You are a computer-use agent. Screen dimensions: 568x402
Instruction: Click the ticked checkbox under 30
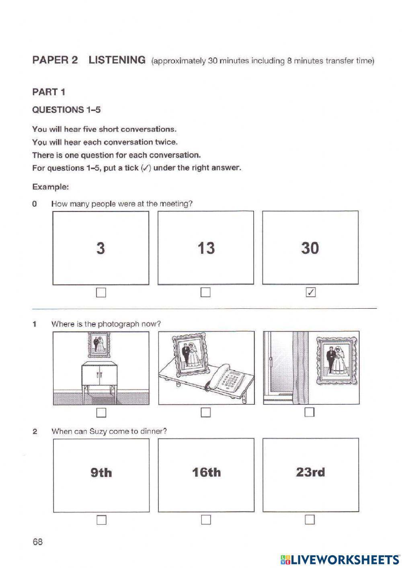pyautogui.click(x=310, y=293)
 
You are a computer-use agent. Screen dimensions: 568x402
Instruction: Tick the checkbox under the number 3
pyautogui.click(x=101, y=293)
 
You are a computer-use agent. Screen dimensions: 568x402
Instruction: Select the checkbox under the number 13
pyautogui.click(x=205, y=292)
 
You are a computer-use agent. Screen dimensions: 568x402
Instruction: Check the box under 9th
pyautogui.click(x=101, y=520)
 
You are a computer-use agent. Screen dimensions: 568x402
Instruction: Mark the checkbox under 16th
pyautogui.click(x=206, y=520)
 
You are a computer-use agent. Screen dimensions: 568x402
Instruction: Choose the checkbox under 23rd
pyautogui.click(x=310, y=520)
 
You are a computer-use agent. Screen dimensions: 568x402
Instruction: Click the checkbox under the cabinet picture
pyautogui.click(x=101, y=412)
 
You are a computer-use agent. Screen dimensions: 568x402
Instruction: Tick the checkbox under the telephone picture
pyautogui.click(x=206, y=412)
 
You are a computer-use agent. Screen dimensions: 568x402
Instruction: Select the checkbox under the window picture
pyautogui.click(x=309, y=412)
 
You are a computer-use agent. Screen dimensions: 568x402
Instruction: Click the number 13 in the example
pyautogui.click(x=206, y=248)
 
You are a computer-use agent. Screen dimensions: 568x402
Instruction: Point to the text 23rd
pyautogui.click(x=310, y=472)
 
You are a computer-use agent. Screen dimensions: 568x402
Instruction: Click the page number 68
pyautogui.click(x=37, y=541)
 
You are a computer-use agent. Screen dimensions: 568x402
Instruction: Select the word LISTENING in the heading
pyautogui.click(x=117, y=60)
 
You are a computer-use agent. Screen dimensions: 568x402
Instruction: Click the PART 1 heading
pyautogui.click(x=49, y=92)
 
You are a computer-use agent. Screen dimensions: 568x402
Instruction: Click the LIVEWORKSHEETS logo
pyautogui.click(x=340, y=559)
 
